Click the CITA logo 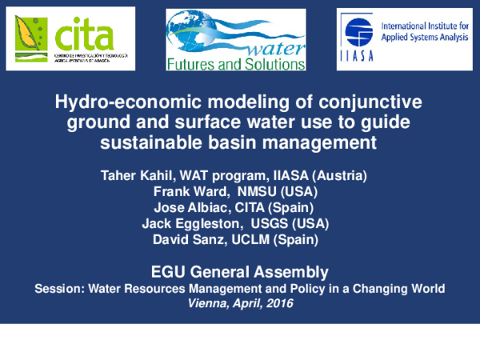click(73, 40)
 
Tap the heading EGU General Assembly click(240, 271)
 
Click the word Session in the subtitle click(59, 288)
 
